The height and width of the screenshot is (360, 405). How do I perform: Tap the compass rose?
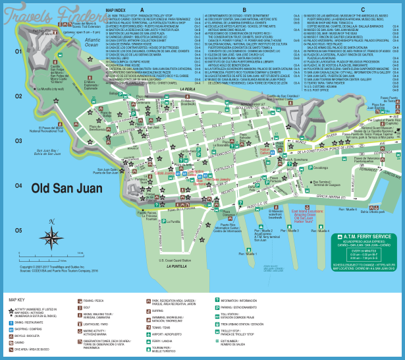[x=51, y=235]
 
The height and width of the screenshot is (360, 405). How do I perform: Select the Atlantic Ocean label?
[x=94, y=44]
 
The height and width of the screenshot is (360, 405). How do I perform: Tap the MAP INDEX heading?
[x=115, y=10]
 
